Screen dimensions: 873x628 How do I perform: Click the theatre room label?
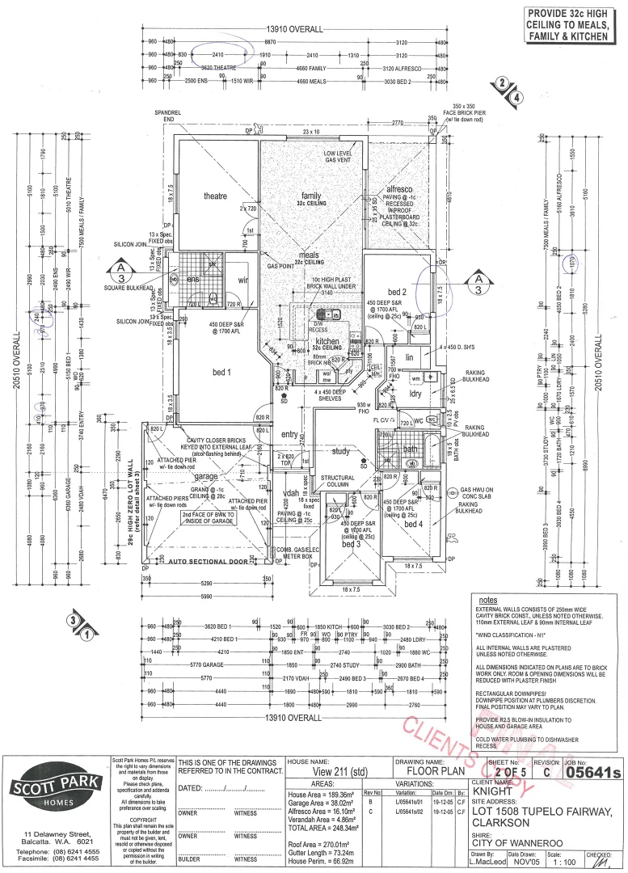click(x=214, y=196)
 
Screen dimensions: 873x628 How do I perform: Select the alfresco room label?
click(x=399, y=188)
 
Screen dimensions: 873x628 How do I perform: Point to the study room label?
click(x=340, y=451)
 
